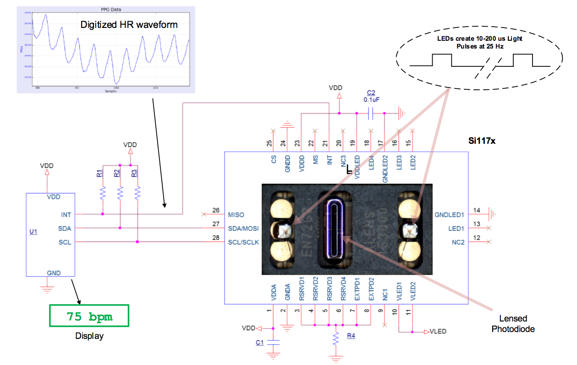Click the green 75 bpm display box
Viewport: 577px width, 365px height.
(89, 316)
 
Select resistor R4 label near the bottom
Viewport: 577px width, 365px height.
(351, 336)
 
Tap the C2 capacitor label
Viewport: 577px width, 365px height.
(371, 93)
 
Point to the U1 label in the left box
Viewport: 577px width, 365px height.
(33, 232)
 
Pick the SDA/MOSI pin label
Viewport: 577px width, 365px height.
(243, 228)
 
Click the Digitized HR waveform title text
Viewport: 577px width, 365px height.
(129, 25)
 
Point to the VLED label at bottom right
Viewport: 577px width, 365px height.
(438, 331)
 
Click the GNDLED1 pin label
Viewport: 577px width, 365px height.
(450, 214)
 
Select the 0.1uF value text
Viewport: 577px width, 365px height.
(371, 100)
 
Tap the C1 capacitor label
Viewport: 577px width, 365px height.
(260, 342)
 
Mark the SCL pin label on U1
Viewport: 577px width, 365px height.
(65, 242)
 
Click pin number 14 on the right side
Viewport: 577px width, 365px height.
(477, 211)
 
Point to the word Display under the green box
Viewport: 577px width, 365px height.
(89, 336)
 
